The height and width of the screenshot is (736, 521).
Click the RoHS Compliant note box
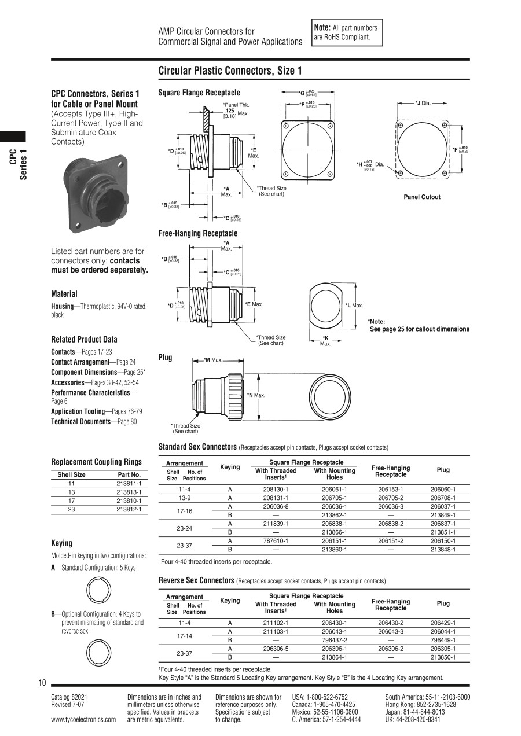tap(347, 32)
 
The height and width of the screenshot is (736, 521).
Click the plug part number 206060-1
tap(443, 489)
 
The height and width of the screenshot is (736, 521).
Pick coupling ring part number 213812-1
tap(129, 509)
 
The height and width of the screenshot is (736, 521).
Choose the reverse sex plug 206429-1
tap(443, 623)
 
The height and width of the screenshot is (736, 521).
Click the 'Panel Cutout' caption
tap(422, 197)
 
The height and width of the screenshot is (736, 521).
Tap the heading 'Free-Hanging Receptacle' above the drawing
tap(198, 233)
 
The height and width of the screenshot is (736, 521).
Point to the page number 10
tap(42, 683)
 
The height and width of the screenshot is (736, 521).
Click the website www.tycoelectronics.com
tap(83, 720)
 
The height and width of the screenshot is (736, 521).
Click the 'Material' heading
tap(64, 294)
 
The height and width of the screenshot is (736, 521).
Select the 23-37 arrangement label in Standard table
tap(184, 545)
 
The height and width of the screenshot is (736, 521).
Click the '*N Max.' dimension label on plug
tap(256, 395)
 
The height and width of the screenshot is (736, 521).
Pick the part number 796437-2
tap(334, 640)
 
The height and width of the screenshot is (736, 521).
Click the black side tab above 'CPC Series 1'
tap(13, 137)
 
